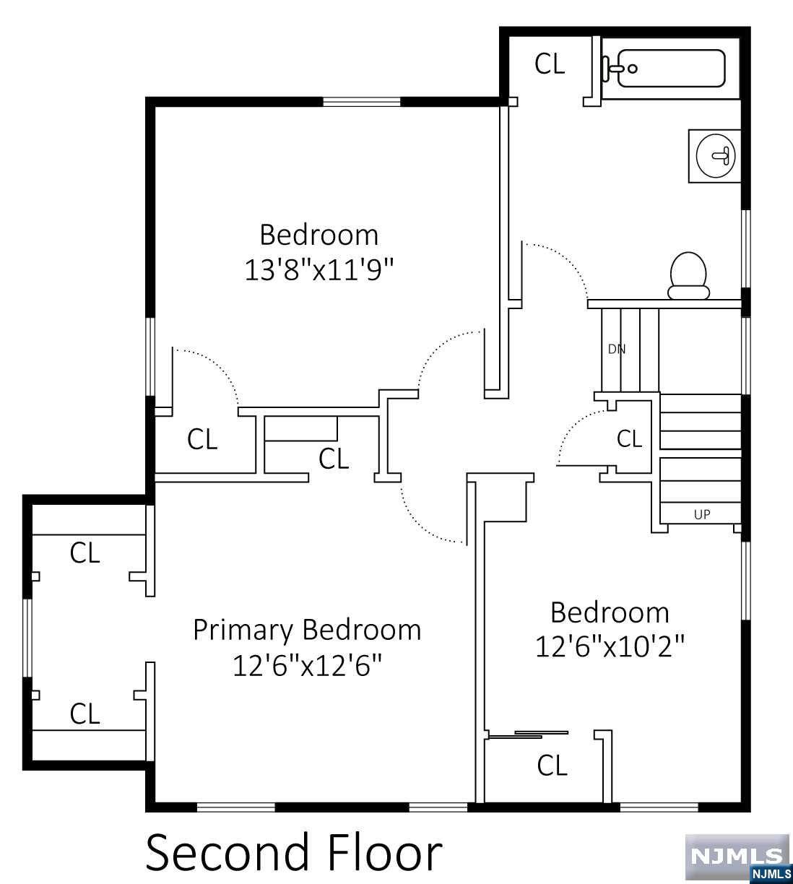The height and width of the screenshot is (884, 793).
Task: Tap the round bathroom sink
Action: [716, 155]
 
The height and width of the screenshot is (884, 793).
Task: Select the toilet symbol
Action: [688, 276]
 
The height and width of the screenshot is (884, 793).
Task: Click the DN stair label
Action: [616, 349]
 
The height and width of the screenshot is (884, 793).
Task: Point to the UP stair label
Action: [701, 514]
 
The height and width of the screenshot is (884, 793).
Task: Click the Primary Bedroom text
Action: [307, 630]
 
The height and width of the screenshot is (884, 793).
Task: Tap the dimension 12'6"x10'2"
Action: [609, 646]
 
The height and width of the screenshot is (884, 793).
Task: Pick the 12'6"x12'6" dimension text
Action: [306, 666]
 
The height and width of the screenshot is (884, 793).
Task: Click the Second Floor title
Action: [293, 852]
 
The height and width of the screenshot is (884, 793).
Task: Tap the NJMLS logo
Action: [737, 858]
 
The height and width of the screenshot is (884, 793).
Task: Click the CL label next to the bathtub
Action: [550, 64]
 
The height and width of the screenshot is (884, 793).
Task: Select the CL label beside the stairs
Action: [629, 438]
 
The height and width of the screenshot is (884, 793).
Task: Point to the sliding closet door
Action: [528, 734]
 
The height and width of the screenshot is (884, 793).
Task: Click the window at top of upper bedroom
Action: [361, 102]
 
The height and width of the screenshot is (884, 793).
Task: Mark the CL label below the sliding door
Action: [552, 766]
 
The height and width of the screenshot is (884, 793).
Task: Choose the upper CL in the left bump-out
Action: [84, 554]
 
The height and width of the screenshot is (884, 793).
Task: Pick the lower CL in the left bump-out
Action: [84, 714]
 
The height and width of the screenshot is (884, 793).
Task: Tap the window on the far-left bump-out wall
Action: [27, 638]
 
